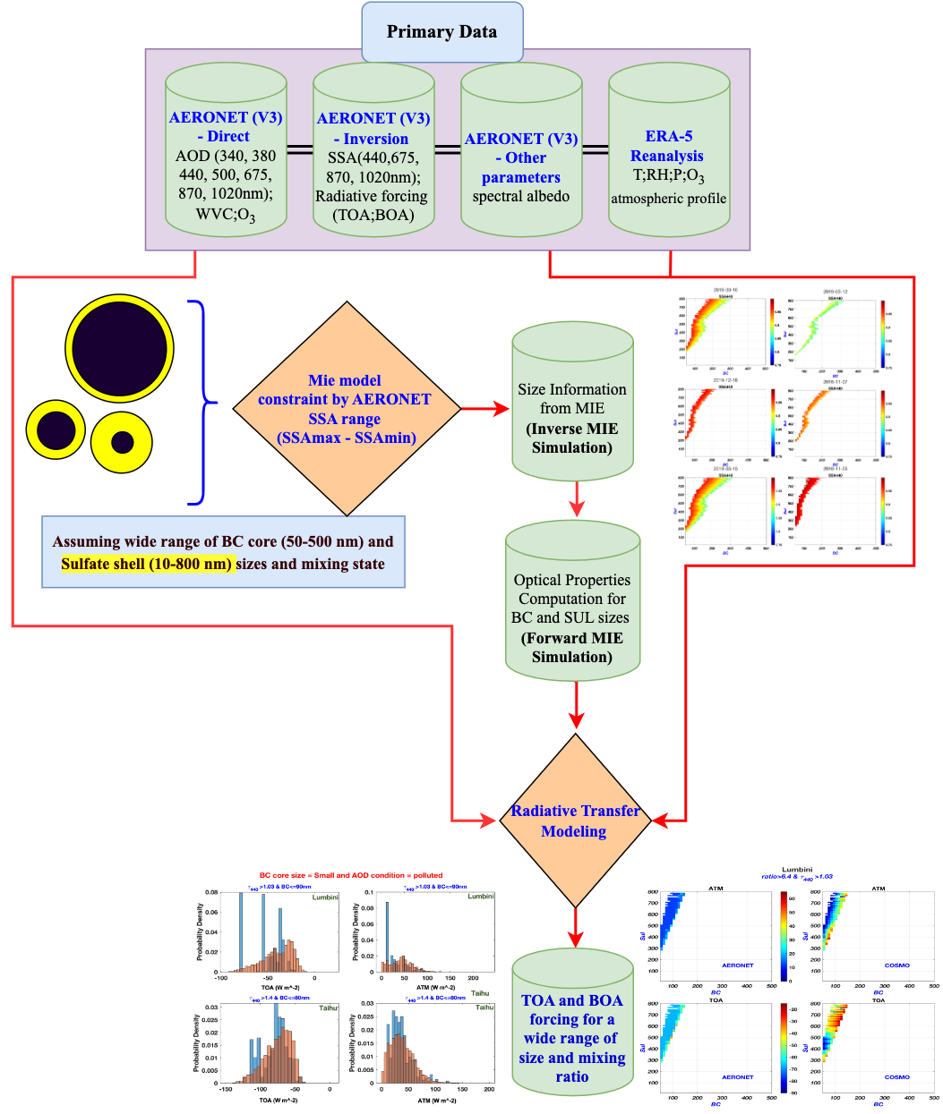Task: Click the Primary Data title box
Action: point(441,31)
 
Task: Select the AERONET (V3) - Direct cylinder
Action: point(226,152)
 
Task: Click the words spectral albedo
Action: point(520,197)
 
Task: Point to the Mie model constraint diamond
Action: point(346,409)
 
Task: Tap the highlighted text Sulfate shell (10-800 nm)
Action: point(147,564)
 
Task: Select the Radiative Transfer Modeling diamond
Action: point(574,821)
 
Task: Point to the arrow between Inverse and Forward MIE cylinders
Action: point(576,498)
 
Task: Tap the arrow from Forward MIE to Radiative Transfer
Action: point(576,707)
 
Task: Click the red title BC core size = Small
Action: point(350,875)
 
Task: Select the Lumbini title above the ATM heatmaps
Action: point(796,869)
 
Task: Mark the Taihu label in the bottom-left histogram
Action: point(328,1008)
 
